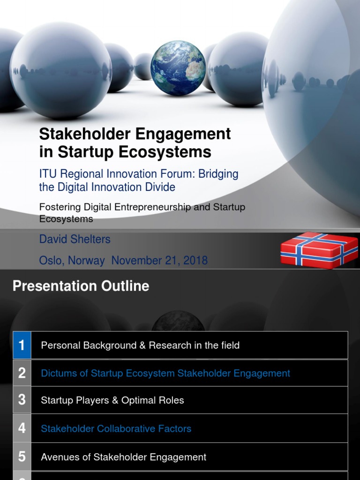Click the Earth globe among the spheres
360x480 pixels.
[x=178, y=68]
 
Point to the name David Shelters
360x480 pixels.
[x=75, y=239]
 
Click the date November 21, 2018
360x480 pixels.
[x=159, y=261]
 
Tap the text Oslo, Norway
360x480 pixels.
[x=72, y=261]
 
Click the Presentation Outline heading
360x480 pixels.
[x=81, y=286]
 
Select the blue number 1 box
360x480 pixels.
[x=22, y=345]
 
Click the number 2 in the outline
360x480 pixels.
[x=22, y=373]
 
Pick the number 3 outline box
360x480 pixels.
[x=22, y=400]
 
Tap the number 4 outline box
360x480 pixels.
[x=22, y=428]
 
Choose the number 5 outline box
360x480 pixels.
[x=22, y=457]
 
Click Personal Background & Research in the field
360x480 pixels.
[x=140, y=345]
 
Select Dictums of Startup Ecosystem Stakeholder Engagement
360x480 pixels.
[x=165, y=373]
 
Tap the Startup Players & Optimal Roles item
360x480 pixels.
[x=112, y=400]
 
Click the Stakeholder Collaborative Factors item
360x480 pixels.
[x=116, y=428]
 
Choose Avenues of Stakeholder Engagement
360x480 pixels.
[x=124, y=457]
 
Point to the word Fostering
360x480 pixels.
[x=60, y=207]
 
